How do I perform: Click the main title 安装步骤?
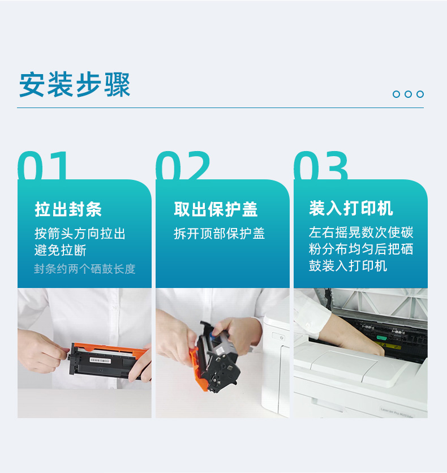pyautogui.click(x=75, y=85)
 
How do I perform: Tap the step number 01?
pyautogui.click(x=42, y=165)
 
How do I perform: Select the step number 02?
pyautogui.click(x=183, y=165)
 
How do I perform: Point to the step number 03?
pyautogui.click(x=321, y=165)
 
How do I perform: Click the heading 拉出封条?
pyautogui.click(x=68, y=209)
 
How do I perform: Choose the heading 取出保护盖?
pyautogui.click(x=216, y=209)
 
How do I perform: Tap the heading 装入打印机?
pyautogui.click(x=351, y=208)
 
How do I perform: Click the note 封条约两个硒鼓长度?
pyautogui.click(x=85, y=269)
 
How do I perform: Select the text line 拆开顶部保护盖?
pyautogui.click(x=220, y=234)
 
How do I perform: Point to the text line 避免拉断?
pyautogui.click(x=61, y=250)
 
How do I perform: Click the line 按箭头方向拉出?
pyautogui.click(x=80, y=234)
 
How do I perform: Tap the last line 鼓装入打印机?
pyautogui.click(x=348, y=266)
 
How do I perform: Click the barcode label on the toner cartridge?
pyautogui.click(x=100, y=360)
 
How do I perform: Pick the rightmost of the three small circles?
pyautogui.click(x=420, y=94)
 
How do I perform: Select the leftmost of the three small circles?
pyautogui.click(x=396, y=94)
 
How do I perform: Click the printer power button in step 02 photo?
pyautogui.click(x=281, y=338)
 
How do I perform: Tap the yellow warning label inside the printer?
pyautogui.click(x=388, y=345)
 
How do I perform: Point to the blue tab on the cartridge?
pyautogui.click(x=216, y=334)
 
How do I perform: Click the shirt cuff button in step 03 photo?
pyautogui.click(x=308, y=325)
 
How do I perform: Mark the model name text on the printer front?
pyautogui.click(x=397, y=412)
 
